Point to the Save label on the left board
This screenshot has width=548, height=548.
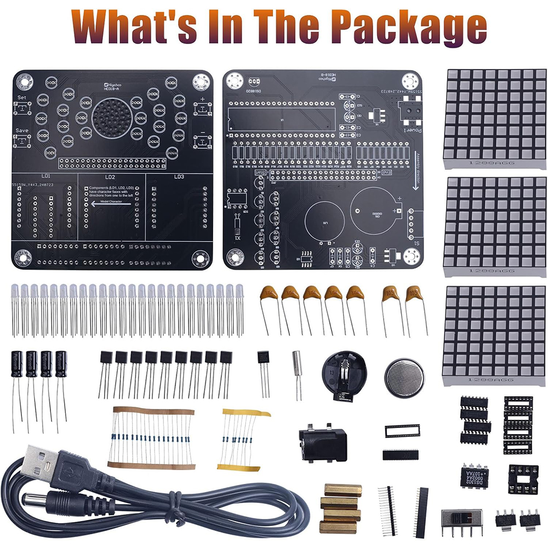[22, 130]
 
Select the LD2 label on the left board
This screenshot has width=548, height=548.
[110, 177]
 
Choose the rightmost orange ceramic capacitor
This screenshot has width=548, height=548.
[416, 296]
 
